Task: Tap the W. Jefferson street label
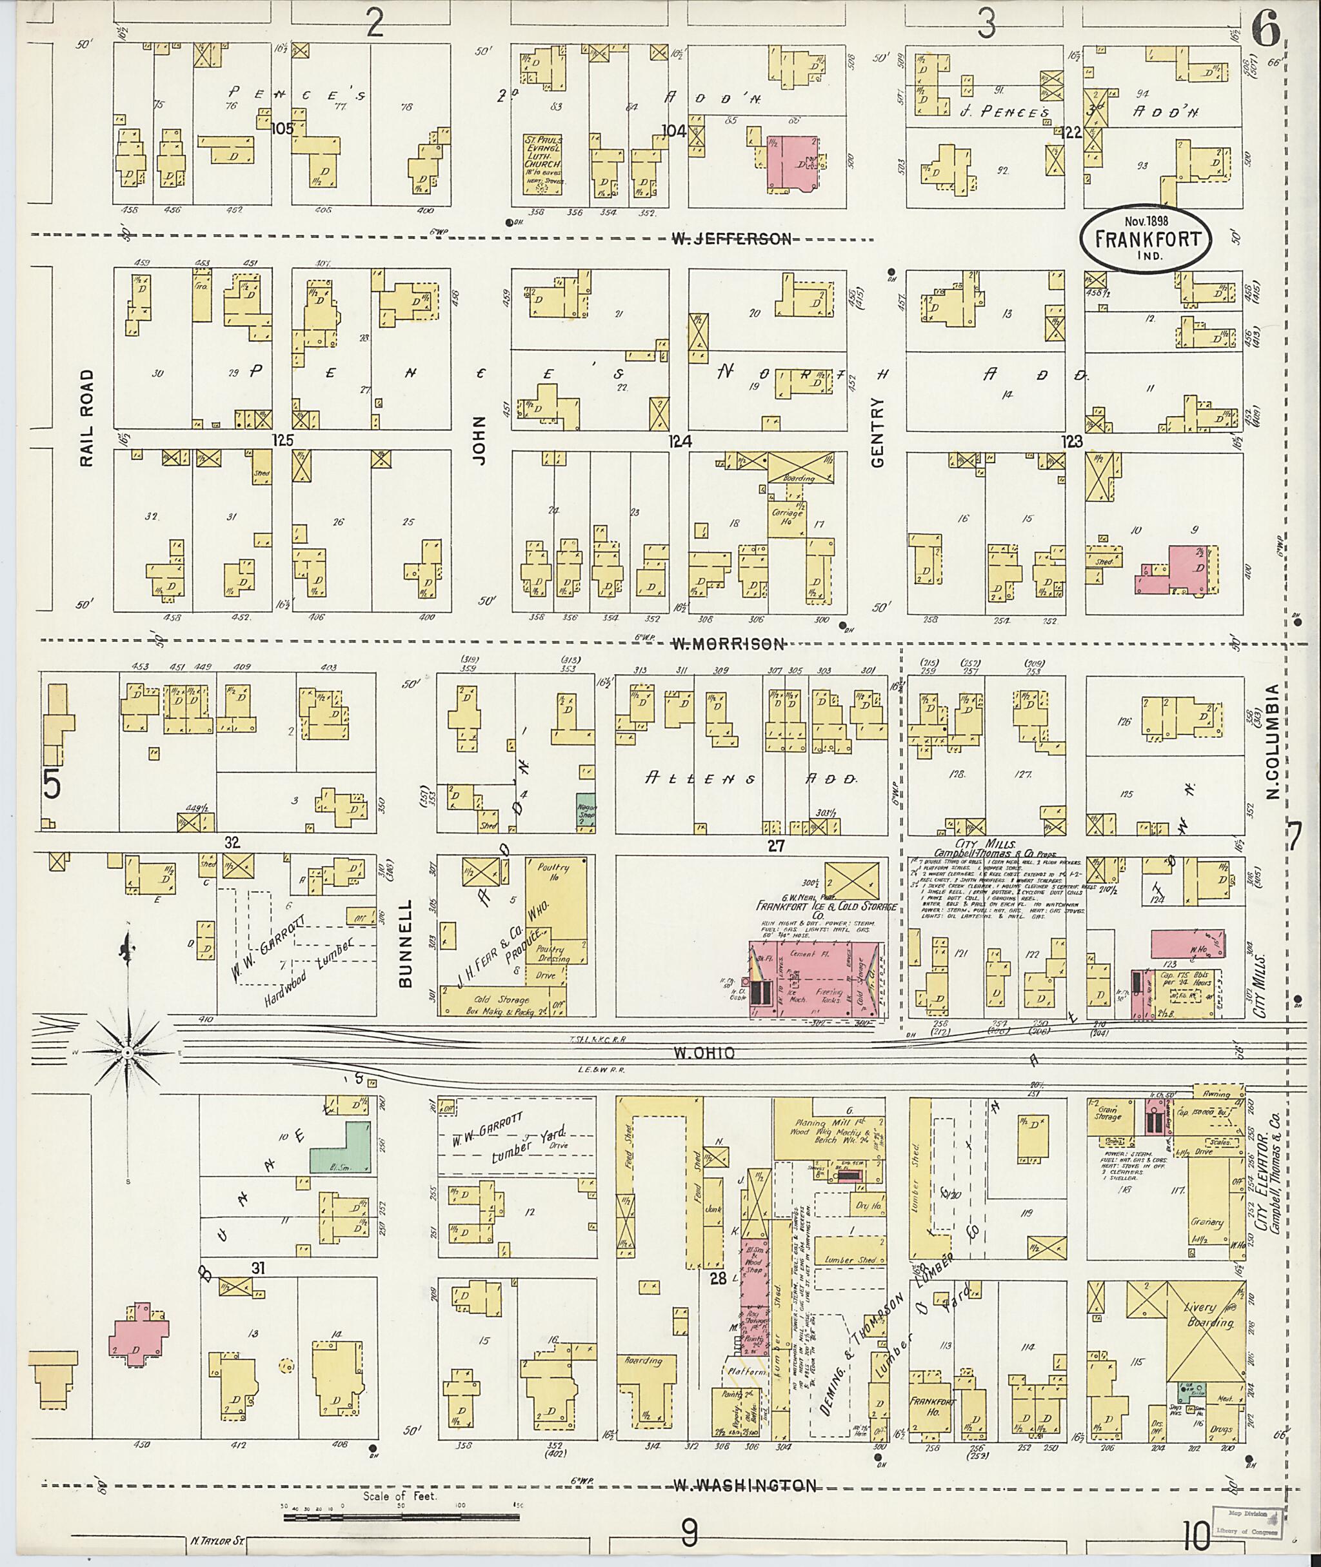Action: tap(731, 239)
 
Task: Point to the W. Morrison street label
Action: tap(727, 643)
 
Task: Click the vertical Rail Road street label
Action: tap(87, 417)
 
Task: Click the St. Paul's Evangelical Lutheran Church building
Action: tap(544, 163)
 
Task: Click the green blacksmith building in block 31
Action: tap(341, 1148)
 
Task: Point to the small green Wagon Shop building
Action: tap(585, 810)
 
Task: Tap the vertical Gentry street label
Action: tap(879, 432)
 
